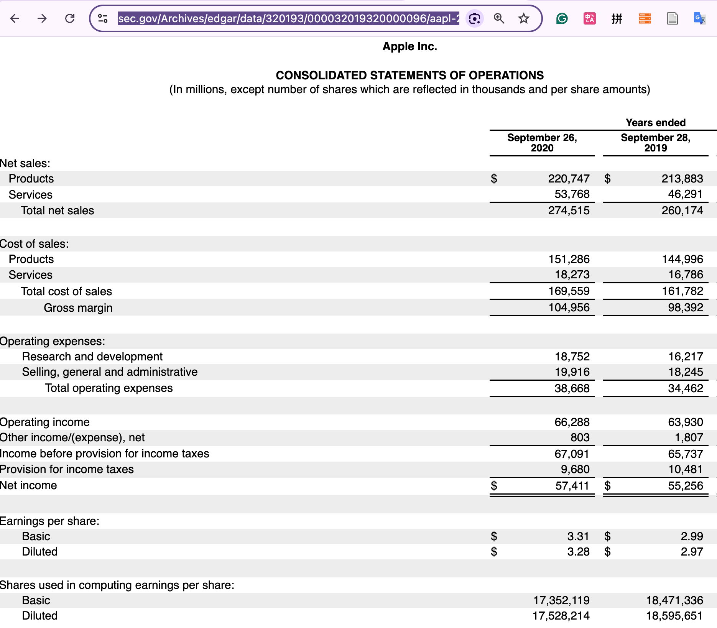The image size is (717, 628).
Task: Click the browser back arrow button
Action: point(15,18)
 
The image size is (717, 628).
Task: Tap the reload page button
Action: point(70,18)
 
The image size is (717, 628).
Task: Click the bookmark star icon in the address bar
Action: point(523,18)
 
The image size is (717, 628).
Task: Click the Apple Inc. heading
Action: point(409,46)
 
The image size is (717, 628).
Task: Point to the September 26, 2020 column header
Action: point(542,143)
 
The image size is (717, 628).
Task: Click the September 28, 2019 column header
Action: point(655,143)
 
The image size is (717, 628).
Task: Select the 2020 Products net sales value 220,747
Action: point(569,179)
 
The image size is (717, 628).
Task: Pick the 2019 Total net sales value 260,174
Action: point(682,210)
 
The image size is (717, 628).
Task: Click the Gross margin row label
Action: point(78,308)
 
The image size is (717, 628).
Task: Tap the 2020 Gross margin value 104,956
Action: point(569,307)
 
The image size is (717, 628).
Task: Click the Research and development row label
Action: point(92,357)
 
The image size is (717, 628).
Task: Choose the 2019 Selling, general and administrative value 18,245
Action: point(685,372)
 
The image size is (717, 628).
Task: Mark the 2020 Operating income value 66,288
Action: point(572,422)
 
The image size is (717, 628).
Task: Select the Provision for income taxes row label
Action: point(67,469)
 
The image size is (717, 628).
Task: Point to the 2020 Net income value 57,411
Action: point(572,486)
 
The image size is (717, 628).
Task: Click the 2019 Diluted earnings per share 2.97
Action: point(692,552)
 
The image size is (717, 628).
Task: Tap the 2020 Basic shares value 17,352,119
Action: point(561,600)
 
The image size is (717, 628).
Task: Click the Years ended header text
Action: point(655,123)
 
